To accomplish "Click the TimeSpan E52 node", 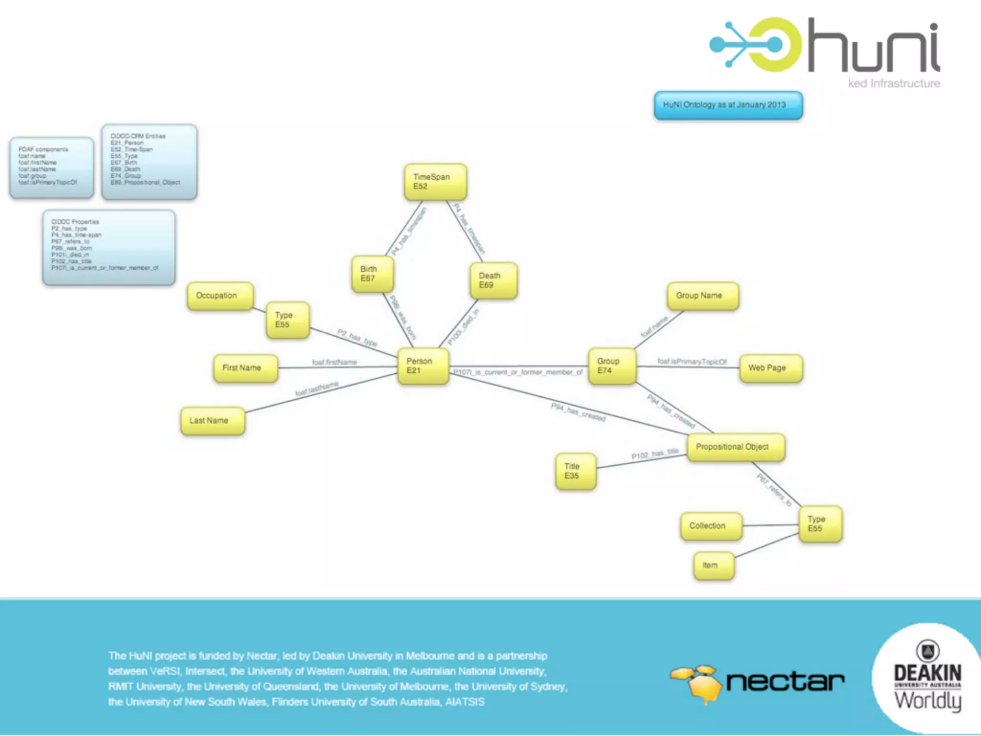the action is tap(435, 182).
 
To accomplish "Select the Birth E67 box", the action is tap(372, 274).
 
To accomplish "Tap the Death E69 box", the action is tap(493, 280).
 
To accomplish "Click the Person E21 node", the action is tap(423, 366).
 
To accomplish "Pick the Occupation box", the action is tap(220, 296).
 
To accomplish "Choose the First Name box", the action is tap(245, 368).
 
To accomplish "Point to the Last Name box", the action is tap(212, 421).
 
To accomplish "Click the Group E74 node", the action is tap(612, 366).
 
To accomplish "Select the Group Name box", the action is tap(702, 296).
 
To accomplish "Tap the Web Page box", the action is tap(770, 368).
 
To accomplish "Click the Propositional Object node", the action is tap(735, 447).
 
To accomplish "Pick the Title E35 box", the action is tap(575, 471).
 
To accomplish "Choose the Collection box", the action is tap(711, 526).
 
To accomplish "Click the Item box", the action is tap(713, 565).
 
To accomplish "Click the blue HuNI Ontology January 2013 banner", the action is tap(728, 105).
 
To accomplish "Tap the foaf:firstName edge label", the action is tap(334, 362).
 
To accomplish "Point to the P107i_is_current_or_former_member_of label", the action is tap(518, 372).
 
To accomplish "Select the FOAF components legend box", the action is tap(52, 167).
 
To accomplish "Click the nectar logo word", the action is tap(785, 681).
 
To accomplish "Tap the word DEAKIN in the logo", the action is tap(927, 673).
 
